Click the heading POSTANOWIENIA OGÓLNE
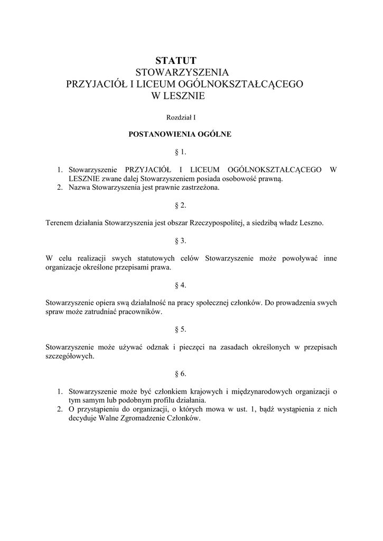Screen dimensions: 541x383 pos(180,134)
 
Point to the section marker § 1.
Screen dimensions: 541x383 pos(180,152)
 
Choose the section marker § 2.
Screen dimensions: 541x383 pos(180,205)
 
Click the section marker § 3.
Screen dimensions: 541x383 pos(180,241)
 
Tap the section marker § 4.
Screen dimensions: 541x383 pos(180,285)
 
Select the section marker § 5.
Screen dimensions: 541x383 pos(180,329)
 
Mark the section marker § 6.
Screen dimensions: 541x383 pos(180,374)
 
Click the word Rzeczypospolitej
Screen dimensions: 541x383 pos(216,223)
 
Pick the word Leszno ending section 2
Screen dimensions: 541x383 pos(312,223)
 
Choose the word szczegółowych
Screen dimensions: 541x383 pos(70,356)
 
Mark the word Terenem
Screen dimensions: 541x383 pos(59,223)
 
